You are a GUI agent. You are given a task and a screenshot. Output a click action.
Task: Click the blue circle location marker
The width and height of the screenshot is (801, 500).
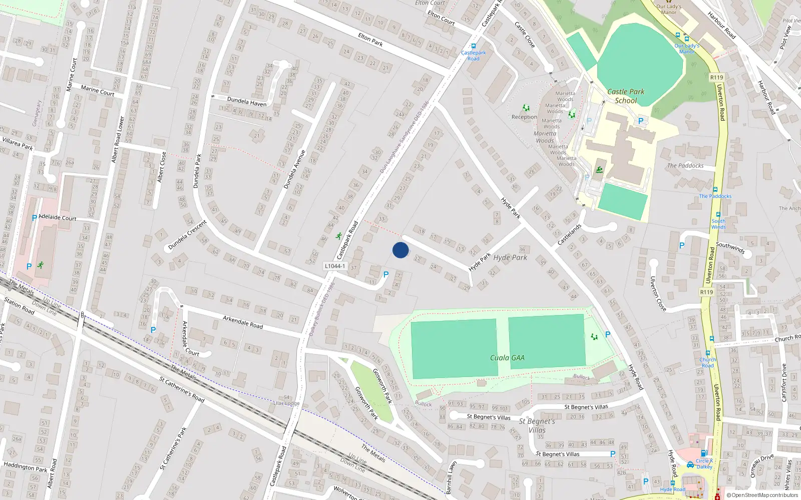click(400, 250)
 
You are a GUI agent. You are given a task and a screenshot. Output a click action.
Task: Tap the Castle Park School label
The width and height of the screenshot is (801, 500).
click(626, 96)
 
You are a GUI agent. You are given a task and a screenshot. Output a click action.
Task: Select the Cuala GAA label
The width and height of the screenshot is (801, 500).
click(507, 358)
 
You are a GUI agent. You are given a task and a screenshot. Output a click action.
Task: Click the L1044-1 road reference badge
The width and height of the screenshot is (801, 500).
click(335, 266)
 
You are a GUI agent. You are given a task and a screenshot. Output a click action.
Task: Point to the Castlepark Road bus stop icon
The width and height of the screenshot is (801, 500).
click(473, 46)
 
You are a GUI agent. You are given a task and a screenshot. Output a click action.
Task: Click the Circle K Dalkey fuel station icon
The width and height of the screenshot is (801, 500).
click(704, 453)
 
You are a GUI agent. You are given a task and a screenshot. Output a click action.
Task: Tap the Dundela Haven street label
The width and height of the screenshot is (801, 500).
click(247, 101)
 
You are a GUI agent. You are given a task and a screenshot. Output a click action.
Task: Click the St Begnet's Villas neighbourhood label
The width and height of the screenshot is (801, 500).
click(537, 425)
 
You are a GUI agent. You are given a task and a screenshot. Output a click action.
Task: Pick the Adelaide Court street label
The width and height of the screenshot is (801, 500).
click(58, 218)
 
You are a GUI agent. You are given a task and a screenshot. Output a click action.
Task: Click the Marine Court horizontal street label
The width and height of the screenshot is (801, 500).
click(98, 90)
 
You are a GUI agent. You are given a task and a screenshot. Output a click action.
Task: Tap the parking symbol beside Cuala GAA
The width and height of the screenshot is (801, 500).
click(608, 334)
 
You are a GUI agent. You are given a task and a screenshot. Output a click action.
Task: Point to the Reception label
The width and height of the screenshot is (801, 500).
click(524, 117)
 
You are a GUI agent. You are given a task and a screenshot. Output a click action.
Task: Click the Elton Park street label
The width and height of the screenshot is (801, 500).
click(370, 39)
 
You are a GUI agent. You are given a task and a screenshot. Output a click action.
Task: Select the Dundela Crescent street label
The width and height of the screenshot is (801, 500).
click(187, 235)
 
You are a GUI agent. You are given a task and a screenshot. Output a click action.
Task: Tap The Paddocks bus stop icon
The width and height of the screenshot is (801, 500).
click(715, 190)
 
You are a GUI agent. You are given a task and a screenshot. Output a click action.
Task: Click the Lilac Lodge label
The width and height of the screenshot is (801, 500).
click(286, 403)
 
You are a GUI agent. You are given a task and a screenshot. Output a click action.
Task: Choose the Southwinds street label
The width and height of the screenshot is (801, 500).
click(730, 247)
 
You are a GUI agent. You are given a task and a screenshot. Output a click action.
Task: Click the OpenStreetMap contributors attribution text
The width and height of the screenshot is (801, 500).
click(762, 495)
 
